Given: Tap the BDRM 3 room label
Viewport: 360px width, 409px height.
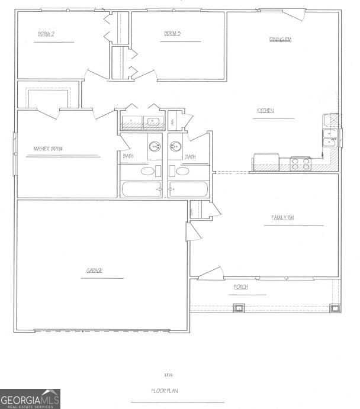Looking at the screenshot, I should pyautogui.click(x=172, y=34).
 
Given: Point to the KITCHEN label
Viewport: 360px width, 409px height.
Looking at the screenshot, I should pyautogui.click(x=265, y=111).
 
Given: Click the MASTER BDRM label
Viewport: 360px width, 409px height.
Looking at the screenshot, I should pyautogui.click(x=49, y=149).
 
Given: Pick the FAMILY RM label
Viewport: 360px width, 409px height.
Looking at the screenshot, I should pyautogui.click(x=282, y=218).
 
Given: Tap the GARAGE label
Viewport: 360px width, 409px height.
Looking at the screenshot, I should pyautogui.click(x=95, y=270).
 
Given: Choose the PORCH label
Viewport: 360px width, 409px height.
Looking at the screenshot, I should pyautogui.click(x=240, y=287).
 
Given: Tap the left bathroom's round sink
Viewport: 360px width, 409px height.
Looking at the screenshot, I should pyautogui.click(x=155, y=146).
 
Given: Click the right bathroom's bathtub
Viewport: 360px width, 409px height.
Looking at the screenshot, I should pyautogui.click(x=188, y=189).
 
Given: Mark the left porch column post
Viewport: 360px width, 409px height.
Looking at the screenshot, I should pyautogui.click(x=238, y=307).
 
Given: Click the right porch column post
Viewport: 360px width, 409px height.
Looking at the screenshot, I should pyautogui.click(x=335, y=307).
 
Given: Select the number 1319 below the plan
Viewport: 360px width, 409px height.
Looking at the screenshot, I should pyautogui.click(x=168, y=375).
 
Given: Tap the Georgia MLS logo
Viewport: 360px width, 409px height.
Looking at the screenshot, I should pyautogui.click(x=30, y=398).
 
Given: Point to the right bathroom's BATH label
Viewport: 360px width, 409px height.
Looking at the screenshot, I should pyautogui.click(x=190, y=157).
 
